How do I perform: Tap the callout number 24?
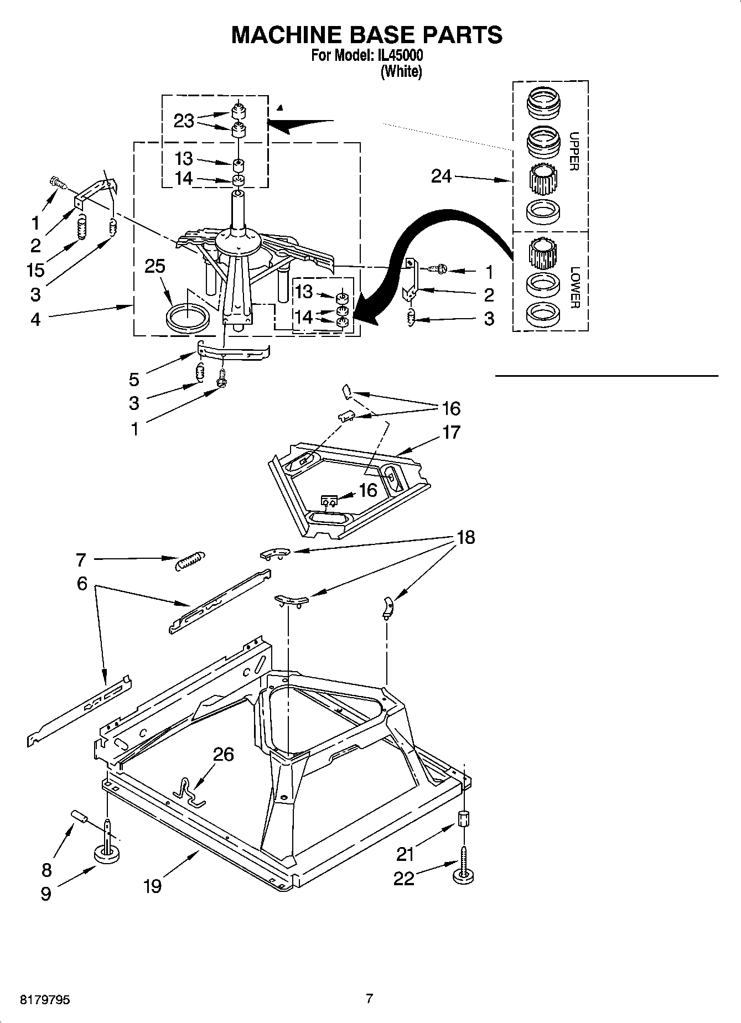pyautogui.click(x=441, y=176)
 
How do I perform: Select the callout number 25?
pyautogui.click(x=154, y=266)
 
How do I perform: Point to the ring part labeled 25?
pyautogui.click(x=188, y=320)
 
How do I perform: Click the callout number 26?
pyautogui.click(x=224, y=754)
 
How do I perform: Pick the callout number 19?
pyautogui.click(x=152, y=886)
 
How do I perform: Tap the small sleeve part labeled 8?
pyautogui.click(x=80, y=817)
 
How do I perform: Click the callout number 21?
pyautogui.click(x=405, y=855)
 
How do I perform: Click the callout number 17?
pyautogui.click(x=451, y=432)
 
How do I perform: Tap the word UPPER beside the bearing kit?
pyautogui.click(x=574, y=151)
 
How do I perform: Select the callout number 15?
pyautogui.click(x=36, y=270)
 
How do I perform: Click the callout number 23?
pyautogui.click(x=184, y=121)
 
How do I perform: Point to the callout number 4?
pyautogui.click(x=35, y=319)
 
